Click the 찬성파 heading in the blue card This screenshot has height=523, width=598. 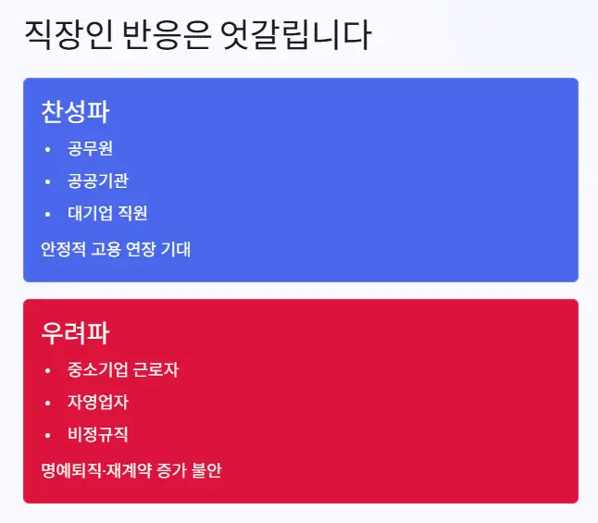click(x=75, y=112)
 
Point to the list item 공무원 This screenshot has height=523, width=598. click(x=90, y=148)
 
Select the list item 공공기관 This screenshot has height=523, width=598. click(x=97, y=181)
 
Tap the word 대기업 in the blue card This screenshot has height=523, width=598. click(x=90, y=213)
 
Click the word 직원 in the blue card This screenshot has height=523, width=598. click(x=132, y=213)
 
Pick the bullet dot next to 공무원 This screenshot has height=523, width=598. click(x=47, y=148)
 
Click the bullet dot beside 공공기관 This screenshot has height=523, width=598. click(x=47, y=181)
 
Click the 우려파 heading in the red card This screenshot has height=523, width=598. click(x=75, y=333)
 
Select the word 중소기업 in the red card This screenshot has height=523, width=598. click(x=97, y=369)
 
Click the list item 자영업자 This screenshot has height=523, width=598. click(x=97, y=402)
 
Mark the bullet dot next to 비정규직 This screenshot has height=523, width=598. click(x=47, y=434)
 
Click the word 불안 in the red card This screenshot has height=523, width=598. click(x=206, y=470)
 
